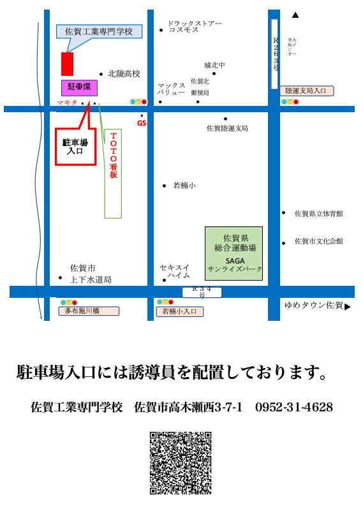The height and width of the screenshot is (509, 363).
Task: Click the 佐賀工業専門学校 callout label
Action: [99, 31]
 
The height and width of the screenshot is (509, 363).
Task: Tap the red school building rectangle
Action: [67, 64]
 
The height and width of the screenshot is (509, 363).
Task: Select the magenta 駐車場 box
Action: [79, 87]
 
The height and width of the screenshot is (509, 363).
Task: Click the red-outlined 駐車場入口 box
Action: [75, 147]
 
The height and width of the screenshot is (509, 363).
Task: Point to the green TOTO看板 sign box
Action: [113, 165]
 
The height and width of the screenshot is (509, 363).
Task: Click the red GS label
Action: [142, 123]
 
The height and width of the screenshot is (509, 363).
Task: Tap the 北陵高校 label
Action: [124, 74]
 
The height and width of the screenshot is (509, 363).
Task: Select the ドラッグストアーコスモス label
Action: [194, 27]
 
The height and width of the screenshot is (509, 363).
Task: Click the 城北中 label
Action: [214, 65]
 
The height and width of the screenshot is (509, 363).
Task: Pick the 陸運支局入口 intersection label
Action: [306, 91]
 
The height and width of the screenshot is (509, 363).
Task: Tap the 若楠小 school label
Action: [184, 186]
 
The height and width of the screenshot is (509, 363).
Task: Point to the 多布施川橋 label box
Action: [89, 311]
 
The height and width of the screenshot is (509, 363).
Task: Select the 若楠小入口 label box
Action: [180, 311]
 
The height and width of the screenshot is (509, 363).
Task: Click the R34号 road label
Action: [202, 292]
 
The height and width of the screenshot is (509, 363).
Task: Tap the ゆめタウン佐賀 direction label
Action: [314, 306]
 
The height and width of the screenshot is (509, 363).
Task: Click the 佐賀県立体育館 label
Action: [318, 214]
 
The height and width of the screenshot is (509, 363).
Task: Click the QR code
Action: [181, 463]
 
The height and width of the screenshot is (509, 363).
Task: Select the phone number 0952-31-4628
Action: [293, 407]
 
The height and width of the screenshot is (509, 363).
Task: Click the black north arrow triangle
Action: [295, 15]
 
